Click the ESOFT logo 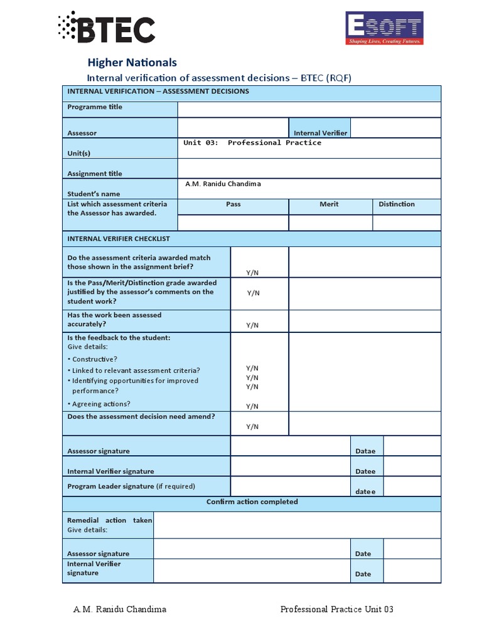[385, 29]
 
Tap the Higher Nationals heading [132, 62]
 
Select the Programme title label [95, 107]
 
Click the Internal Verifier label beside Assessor [321, 133]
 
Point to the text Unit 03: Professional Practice [252, 143]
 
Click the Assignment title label [95, 174]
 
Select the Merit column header [329, 204]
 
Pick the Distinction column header [397, 204]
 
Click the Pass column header [233, 204]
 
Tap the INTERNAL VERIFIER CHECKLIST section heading [119, 239]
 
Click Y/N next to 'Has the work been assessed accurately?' [252, 325]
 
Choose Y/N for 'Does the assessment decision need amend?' [252, 426]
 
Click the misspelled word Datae [365, 451]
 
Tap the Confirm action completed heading [252, 502]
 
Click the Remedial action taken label [109, 520]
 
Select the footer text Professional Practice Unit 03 [336, 609]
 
